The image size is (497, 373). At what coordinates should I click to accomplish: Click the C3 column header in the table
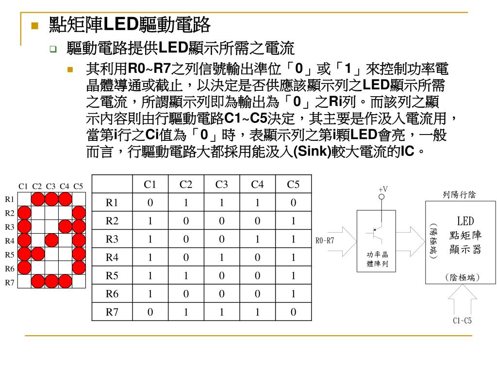(x=221, y=185)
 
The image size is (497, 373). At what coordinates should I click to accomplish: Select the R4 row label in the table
(x=112, y=257)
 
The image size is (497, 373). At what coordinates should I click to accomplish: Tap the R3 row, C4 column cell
(x=257, y=239)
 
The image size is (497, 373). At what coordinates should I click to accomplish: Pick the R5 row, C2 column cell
(x=185, y=276)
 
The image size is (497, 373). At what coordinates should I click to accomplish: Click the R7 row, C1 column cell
(x=150, y=312)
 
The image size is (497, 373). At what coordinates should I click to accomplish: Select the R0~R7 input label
(x=325, y=240)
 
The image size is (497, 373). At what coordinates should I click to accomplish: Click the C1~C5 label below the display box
(x=462, y=321)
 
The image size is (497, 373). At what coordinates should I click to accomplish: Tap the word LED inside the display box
(x=465, y=221)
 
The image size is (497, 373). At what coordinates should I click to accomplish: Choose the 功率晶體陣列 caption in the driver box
(x=377, y=259)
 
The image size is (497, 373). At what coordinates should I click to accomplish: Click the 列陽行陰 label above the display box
(x=459, y=195)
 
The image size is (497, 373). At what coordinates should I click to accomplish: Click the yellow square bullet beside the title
(x=34, y=25)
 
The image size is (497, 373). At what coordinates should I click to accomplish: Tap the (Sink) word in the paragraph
(x=312, y=152)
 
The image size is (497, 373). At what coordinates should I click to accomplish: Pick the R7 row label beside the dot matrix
(x=10, y=282)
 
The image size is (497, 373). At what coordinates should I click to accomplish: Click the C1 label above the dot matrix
(x=23, y=186)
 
